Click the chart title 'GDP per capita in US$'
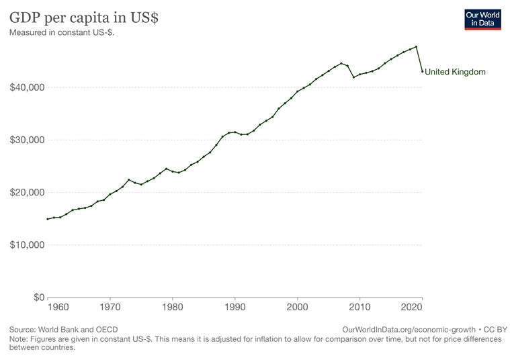pos(84,17)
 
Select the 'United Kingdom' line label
pos(455,72)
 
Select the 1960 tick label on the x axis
pos(58,308)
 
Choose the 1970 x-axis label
pos(110,308)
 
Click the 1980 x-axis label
pos(173,308)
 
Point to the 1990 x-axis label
pos(235,308)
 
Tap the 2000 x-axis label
pos(298,308)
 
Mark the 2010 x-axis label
pos(360,308)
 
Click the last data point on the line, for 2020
pos(422,71)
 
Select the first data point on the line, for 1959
pos(48,219)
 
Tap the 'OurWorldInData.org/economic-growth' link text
pos(409,330)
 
